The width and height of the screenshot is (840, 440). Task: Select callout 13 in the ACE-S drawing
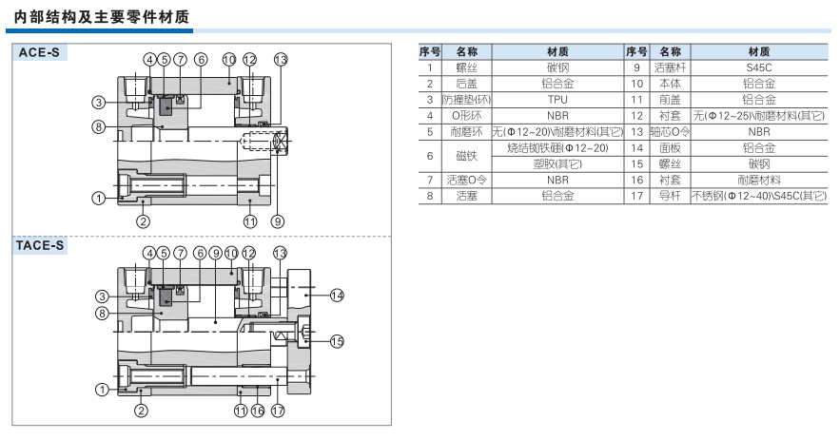click(280, 60)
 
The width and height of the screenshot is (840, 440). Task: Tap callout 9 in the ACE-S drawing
click(278, 220)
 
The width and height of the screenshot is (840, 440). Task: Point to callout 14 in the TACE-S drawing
click(336, 296)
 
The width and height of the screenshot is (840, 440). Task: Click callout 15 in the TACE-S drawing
click(336, 340)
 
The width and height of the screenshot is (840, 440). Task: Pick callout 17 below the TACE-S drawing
click(278, 411)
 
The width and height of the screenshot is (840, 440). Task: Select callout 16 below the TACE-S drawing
click(258, 411)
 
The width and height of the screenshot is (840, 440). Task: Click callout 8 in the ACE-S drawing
click(98, 126)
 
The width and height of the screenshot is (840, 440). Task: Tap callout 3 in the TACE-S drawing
click(98, 297)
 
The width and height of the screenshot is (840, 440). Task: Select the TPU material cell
click(557, 99)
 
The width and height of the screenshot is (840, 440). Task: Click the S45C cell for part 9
click(758, 67)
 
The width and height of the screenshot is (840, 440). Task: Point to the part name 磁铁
click(466, 155)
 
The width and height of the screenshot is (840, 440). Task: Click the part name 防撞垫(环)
click(466, 99)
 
